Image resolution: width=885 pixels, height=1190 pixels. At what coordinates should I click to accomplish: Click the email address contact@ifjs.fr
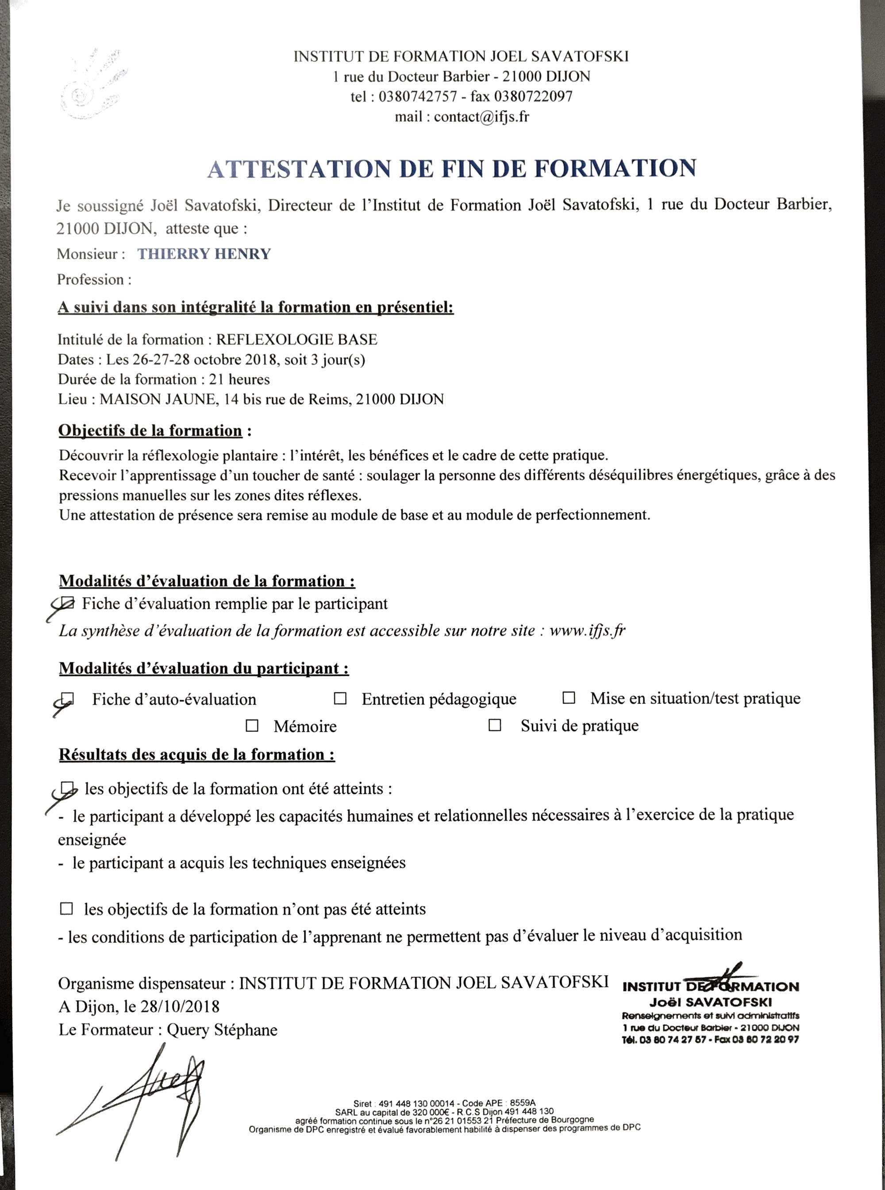click(x=481, y=117)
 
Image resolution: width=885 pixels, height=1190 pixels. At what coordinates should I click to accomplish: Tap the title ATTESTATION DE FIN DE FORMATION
click(x=452, y=168)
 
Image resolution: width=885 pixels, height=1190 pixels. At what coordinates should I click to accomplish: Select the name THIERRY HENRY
click(x=204, y=254)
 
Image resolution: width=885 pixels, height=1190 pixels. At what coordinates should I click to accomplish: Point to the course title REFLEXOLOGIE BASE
click(x=297, y=339)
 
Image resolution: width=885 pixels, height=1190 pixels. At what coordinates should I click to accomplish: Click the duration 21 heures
click(x=239, y=379)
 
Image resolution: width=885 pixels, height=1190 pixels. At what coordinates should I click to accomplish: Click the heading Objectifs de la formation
click(x=150, y=430)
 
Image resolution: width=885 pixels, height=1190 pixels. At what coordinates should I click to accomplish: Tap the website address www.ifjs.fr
click(x=587, y=630)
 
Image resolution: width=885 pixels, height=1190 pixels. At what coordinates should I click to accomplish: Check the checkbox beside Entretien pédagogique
click(x=340, y=698)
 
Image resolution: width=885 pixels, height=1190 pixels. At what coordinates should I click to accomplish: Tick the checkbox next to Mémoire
click(x=252, y=725)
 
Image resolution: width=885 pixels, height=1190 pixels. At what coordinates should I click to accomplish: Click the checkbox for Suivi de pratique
click(x=495, y=725)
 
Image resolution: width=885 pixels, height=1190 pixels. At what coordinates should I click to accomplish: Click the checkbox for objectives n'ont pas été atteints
click(x=66, y=908)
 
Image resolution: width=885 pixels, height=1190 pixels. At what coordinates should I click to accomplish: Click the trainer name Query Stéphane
click(x=222, y=1030)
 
